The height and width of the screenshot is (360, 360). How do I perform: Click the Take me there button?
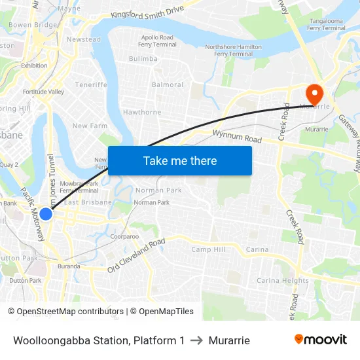179,160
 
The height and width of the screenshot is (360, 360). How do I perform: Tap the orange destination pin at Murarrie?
314,92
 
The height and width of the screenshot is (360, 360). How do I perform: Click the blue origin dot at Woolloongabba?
46,213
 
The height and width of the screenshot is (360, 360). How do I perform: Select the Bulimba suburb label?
143,59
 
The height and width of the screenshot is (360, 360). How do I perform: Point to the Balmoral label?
167,85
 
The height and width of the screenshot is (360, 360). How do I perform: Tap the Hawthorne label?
142,113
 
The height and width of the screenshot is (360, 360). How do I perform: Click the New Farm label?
89,126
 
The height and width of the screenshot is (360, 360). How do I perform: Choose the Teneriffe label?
91,85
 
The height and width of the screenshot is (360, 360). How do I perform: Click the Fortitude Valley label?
43,92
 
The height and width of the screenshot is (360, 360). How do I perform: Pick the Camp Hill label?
208,250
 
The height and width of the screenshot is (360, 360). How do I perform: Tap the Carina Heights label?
283,281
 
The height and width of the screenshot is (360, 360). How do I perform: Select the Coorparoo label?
124,236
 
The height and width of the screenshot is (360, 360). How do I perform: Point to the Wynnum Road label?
237,137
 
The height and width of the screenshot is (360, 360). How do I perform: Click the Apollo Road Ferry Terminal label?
157,41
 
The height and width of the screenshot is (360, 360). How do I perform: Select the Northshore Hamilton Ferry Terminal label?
233,50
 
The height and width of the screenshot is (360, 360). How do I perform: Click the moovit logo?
320,339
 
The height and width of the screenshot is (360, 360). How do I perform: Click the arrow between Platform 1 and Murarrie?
196,340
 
